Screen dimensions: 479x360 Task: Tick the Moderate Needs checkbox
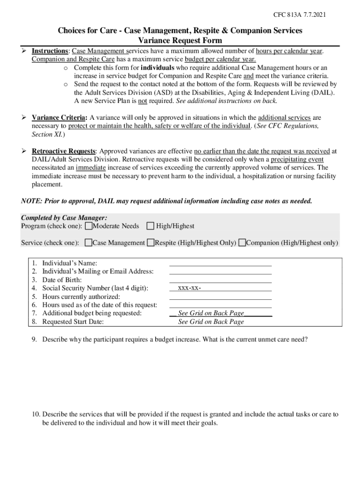tap(88, 226)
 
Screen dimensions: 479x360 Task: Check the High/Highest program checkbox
tap(150, 226)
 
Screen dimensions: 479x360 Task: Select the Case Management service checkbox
tap(88, 243)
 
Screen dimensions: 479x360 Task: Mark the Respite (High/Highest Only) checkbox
tap(151, 243)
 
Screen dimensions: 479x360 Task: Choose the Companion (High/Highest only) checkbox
tap(242, 243)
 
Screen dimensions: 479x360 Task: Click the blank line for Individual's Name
tap(220, 263)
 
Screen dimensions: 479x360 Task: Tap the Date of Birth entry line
tap(220, 280)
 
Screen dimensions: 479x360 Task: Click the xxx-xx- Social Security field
tap(220, 288)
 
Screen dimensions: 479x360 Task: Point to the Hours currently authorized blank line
tap(220, 297)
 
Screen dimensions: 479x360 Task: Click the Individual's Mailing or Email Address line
tap(220, 271)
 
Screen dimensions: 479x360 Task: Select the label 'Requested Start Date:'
tap(73, 322)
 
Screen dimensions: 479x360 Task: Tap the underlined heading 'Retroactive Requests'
tap(64, 151)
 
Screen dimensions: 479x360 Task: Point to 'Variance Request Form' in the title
tap(180, 41)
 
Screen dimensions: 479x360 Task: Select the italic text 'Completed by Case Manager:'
tap(64, 218)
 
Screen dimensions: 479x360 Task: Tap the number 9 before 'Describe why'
tap(34, 339)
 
